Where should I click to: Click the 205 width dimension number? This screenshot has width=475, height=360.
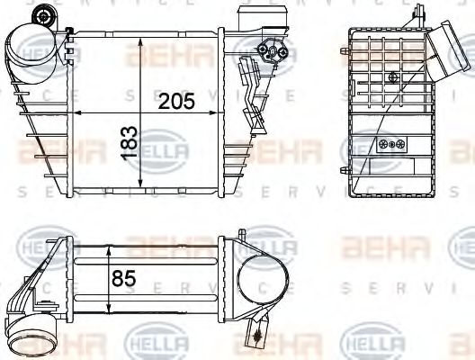176,101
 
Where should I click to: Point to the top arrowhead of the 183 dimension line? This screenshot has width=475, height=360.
139,42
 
